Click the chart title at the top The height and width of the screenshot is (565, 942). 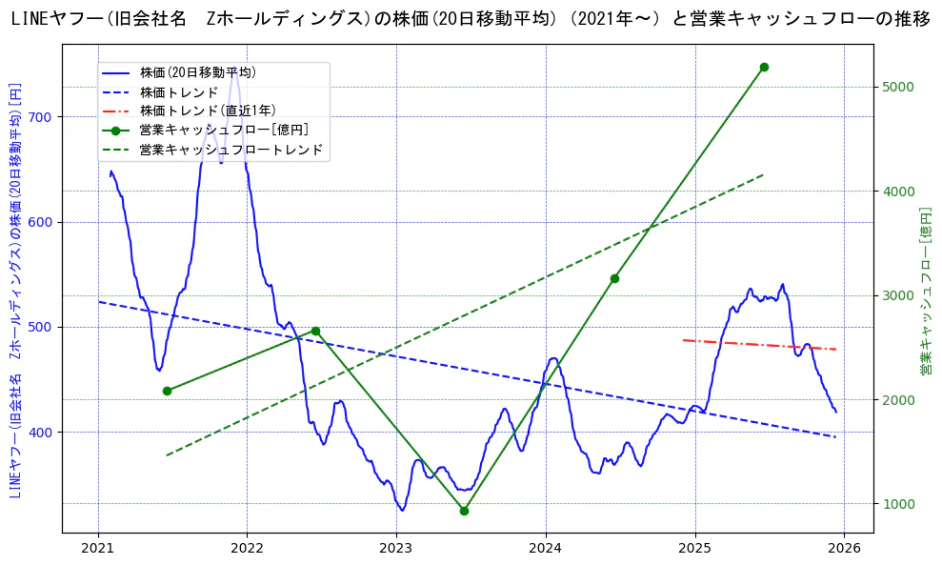471,18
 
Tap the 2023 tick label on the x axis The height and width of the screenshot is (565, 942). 395,548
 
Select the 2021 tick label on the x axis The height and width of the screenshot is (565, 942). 97,548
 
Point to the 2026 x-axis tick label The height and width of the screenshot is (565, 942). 843,548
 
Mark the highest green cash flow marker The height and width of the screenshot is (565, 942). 764,67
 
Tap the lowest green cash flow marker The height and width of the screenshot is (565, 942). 464,511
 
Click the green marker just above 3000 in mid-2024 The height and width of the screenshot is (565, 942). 614,278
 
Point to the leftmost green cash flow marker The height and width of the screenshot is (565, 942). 167,391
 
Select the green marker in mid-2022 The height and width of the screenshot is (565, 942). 315,331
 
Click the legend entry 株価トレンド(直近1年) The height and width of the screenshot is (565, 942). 208,111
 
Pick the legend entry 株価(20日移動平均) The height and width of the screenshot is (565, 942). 197,72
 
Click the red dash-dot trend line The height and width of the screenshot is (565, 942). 760,345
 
